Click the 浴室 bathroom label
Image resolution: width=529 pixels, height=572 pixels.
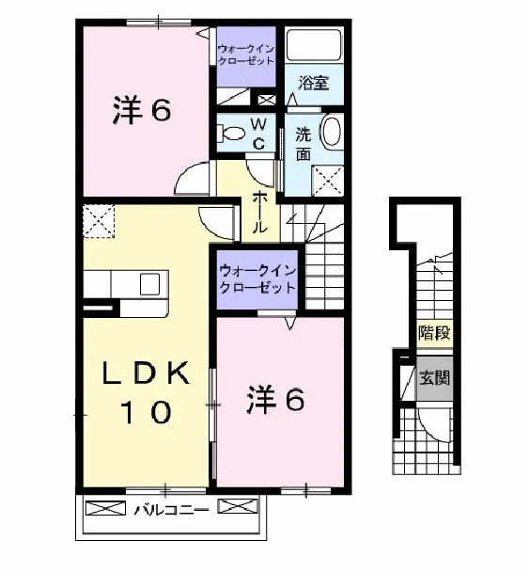click(x=313, y=83)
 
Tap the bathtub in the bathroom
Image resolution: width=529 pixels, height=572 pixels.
click(x=314, y=45)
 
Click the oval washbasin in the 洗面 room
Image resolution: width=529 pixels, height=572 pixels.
click(x=332, y=131)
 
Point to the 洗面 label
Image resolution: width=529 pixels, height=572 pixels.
click(x=303, y=143)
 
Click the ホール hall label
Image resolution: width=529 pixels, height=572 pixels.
click(x=260, y=213)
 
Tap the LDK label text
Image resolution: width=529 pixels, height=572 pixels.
click(x=146, y=373)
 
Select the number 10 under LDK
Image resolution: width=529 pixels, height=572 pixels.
click(x=148, y=412)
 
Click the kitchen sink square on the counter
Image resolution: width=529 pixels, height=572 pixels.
click(x=150, y=284)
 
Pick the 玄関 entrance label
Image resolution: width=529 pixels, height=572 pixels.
click(x=435, y=378)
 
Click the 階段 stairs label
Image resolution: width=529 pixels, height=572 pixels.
click(x=435, y=333)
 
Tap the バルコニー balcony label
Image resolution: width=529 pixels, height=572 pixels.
click(x=171, y=510)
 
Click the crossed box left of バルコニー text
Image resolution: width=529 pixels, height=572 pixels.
click(x=105, y=508)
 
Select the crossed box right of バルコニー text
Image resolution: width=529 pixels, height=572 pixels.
click(x=238, y=506)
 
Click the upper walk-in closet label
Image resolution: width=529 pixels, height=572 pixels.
click(x=246, y=55)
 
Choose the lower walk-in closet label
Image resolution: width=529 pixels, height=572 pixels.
click(x=257, y=279)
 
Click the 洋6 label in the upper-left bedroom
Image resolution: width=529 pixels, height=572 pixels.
click(x=142, y=110)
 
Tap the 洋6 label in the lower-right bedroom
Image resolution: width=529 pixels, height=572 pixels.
click(x=276, y=400)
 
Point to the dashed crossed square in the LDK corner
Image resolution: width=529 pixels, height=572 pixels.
click(x=99, y=221)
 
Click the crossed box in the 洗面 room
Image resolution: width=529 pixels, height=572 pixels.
click(x=328, y=181)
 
